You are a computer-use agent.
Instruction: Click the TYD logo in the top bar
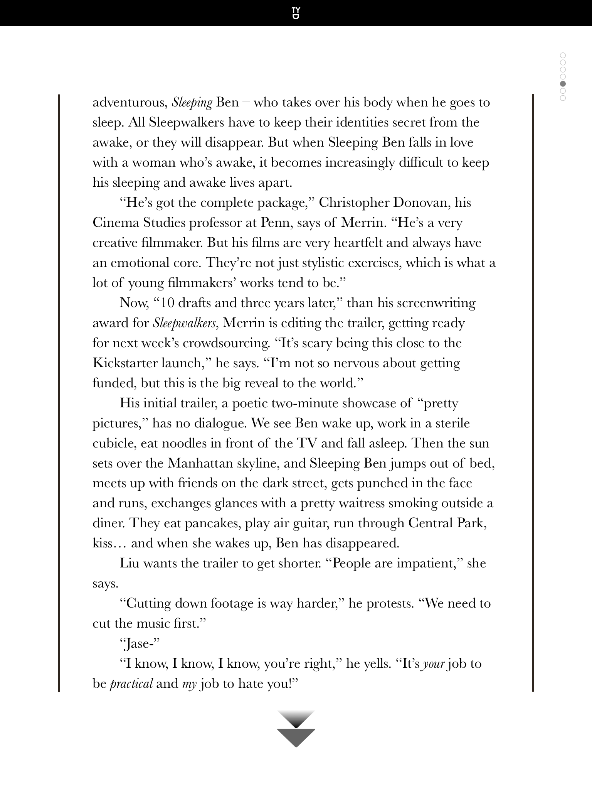coord(296,13)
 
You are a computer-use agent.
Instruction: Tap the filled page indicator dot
coord(563,84)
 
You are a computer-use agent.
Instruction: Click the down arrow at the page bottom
coord(296,729)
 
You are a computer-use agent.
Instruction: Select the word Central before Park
coord(431,523)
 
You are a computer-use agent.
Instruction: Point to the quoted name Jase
coord(140,644)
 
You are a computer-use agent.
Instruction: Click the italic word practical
coord(131,684)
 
